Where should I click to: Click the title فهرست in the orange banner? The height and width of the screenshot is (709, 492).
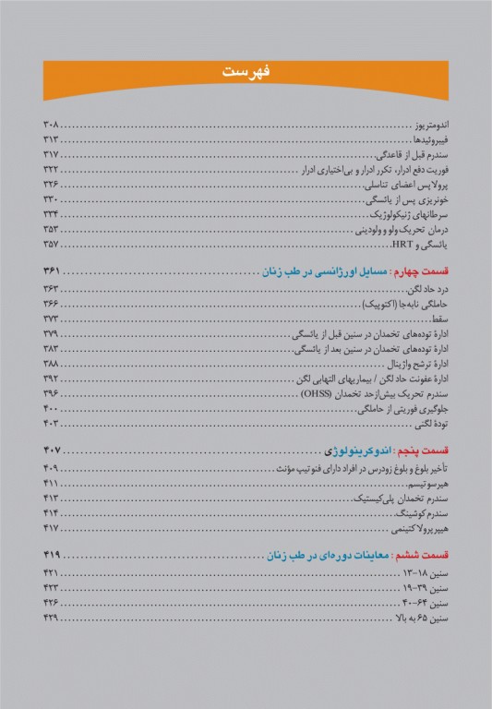tap(246, 72)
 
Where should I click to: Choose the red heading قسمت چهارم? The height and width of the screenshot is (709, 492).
tap(421, 271)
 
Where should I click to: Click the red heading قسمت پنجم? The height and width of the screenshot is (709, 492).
tap(421, 451)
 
